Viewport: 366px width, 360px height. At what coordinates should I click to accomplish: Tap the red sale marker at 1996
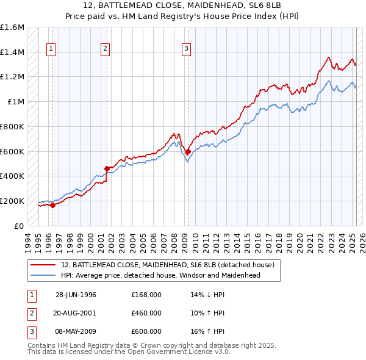point(53,205)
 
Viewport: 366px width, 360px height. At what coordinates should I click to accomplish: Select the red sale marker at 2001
point(107,168)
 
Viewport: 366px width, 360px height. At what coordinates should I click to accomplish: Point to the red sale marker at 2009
point(188,151)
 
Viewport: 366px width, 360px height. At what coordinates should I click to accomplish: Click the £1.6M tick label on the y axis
point(13,27)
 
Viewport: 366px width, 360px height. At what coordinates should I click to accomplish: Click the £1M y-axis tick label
point(15,102)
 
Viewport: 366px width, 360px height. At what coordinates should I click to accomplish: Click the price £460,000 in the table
point(146,313)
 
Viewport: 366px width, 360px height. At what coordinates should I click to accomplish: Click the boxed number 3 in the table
point(30,331)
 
